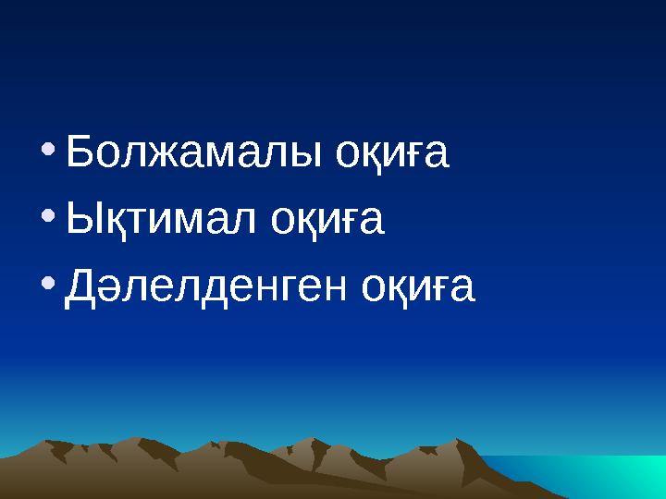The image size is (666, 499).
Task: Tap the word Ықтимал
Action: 160,221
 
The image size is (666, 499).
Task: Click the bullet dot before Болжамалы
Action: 49,147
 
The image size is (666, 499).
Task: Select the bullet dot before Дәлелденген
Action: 49,282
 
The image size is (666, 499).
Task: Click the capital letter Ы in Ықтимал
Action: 86,221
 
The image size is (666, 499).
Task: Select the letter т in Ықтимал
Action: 141,223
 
